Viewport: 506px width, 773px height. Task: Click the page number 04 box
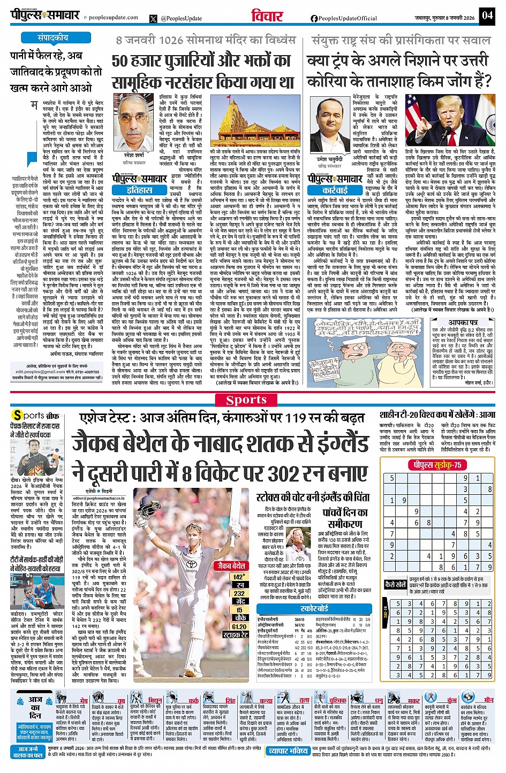pos(487,15)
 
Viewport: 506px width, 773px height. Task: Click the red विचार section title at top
pos(267,16)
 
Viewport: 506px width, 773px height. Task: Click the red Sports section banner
pos(246,400)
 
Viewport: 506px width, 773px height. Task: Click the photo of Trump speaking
pos(449,120)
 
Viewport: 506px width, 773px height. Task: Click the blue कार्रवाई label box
pos(335,189)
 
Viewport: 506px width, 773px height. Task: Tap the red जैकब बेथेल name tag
pos(231,565)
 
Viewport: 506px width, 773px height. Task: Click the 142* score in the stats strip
pos(239,577)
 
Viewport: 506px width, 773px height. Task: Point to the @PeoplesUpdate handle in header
pos(181,18)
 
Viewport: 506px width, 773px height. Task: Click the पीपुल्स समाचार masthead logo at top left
pos(46,14)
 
